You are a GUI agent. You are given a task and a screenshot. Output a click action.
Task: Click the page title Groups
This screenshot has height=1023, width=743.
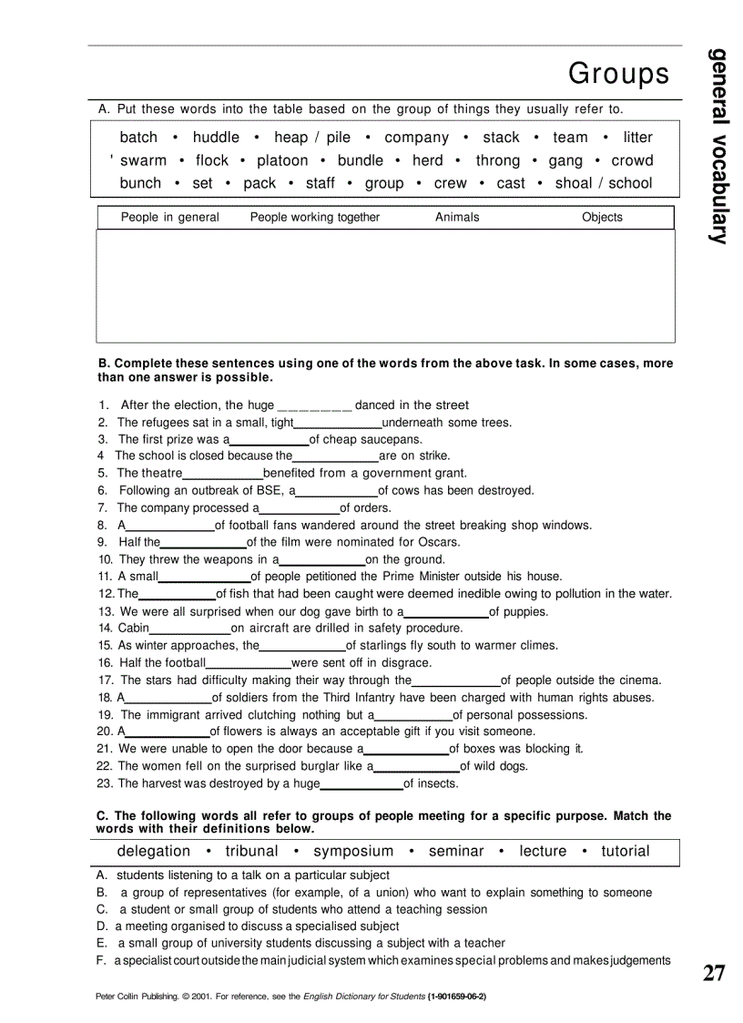pos(618,73)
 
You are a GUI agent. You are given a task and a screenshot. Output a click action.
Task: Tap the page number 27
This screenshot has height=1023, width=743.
pos(714,973)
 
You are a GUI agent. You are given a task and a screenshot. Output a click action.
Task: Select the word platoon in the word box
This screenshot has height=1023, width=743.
pos(282,160)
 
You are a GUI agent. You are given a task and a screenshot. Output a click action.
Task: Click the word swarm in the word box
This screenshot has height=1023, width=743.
pos(144,160)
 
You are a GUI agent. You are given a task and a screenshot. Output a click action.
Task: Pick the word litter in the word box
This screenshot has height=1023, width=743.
pos(637,138)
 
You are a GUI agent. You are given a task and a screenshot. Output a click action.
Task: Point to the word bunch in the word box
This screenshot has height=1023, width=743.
pos(140,183)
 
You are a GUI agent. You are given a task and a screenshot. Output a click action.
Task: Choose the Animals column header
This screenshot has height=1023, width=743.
pos(457,217)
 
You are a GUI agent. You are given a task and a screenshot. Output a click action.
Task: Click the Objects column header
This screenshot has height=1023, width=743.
pos(602,217)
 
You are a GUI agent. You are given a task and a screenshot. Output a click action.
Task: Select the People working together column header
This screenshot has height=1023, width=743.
pos(315,217)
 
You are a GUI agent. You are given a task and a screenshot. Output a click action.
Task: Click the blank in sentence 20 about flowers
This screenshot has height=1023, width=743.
pos(168,732)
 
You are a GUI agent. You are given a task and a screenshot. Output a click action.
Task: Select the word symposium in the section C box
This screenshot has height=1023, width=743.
pos(353,851)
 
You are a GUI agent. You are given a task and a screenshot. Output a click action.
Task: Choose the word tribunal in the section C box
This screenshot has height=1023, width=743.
pos(251,851)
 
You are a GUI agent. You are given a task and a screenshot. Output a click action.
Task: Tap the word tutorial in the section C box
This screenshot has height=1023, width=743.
pos(625,851)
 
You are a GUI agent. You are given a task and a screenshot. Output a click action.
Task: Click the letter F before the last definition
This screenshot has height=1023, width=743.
pos(101,960)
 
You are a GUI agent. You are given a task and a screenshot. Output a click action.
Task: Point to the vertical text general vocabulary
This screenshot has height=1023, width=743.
pos(719,146)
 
